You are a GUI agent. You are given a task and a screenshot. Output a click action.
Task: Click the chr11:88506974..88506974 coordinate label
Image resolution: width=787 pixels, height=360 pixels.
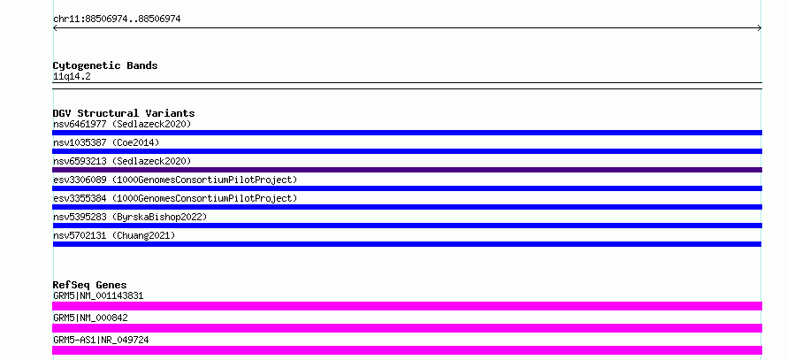pyautogui.click(x=117, y=19)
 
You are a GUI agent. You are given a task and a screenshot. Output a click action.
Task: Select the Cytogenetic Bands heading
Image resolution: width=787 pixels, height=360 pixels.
pyautogui.click(x=105, y=65)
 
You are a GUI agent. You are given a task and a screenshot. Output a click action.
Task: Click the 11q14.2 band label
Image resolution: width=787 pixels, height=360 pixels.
pyautogui.click(x=72, y=77)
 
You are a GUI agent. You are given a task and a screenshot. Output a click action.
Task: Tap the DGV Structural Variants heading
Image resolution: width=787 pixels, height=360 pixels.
pyautogui.click(x=124, y=113)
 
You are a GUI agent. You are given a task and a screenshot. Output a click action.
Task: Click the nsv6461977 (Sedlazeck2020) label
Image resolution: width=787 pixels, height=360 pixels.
pyautogui.click(x=122, y=124)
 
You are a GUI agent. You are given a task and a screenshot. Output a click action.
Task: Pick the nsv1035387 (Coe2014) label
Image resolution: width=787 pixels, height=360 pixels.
pyautogui.click(x=106, y=142)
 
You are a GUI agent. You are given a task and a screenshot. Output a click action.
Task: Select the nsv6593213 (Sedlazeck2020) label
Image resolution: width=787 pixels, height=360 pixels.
pyautogui.click(x=122, y=161)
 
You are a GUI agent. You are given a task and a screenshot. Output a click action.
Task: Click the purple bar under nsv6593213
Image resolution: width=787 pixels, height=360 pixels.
pyautogui.click(x=407, y=170)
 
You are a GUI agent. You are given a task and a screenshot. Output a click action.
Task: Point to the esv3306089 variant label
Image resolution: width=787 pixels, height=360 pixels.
pyautogui.click(x=175, y=180)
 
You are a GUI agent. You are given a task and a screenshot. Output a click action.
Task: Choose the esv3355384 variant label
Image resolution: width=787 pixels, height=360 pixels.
pyautogui.click(x=175, y=198)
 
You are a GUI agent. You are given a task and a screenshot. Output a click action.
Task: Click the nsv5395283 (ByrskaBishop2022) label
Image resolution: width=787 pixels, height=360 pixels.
pyautogui.click(x=130, y=217)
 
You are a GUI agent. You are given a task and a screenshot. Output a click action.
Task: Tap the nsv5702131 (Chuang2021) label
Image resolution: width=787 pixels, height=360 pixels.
pyautogui.click(x=114, y=235)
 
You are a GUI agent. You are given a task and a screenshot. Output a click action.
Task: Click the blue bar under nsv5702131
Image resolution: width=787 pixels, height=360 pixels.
pyautogui.click(x=407, y=244)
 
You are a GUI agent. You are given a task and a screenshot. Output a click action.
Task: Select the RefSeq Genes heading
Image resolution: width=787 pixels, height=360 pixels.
pyautogui.click(x=90, y=285)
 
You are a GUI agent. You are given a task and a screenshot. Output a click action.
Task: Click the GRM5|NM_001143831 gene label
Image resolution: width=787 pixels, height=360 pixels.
pyautogui.click(x=98, y=295)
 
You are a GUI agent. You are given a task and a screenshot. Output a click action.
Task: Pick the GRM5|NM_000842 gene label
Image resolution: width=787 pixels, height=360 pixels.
pyautogui.click(x=90, y=318)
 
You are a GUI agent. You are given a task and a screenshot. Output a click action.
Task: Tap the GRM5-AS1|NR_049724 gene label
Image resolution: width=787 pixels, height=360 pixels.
pyautogui.click(x=101, y=340)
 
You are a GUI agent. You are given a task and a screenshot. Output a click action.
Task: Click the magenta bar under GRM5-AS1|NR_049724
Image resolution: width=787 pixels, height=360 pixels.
pyautogui.click(x=407, y=350)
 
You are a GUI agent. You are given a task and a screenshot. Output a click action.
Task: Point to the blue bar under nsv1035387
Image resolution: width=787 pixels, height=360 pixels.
pyautogui.click(x=407, y=151)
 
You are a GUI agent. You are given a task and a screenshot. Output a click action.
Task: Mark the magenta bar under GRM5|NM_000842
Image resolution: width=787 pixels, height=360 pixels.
pyautogui.click(x=407, y=328)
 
